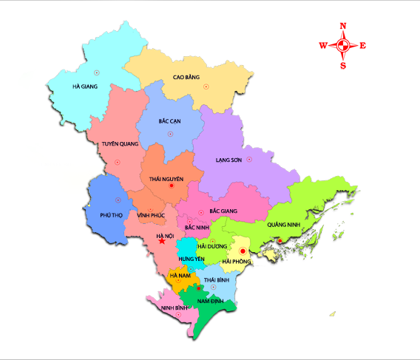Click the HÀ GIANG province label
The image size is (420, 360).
coord(85,86)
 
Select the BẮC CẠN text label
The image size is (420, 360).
coord(170,120)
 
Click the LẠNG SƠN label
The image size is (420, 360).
coord(229,159)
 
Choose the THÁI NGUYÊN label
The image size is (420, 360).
coord(166,178)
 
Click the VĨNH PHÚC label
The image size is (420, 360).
coord(150,214)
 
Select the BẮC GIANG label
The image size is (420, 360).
coord(223,211)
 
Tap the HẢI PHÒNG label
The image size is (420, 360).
coord(237,261)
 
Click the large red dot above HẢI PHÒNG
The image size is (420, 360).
coord(242,251)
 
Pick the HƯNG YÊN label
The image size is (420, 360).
coord(191,259)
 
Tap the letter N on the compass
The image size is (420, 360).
coord(343,26)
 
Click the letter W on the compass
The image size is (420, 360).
coord(323,46)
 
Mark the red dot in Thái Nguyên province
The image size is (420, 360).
coord(172,186)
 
